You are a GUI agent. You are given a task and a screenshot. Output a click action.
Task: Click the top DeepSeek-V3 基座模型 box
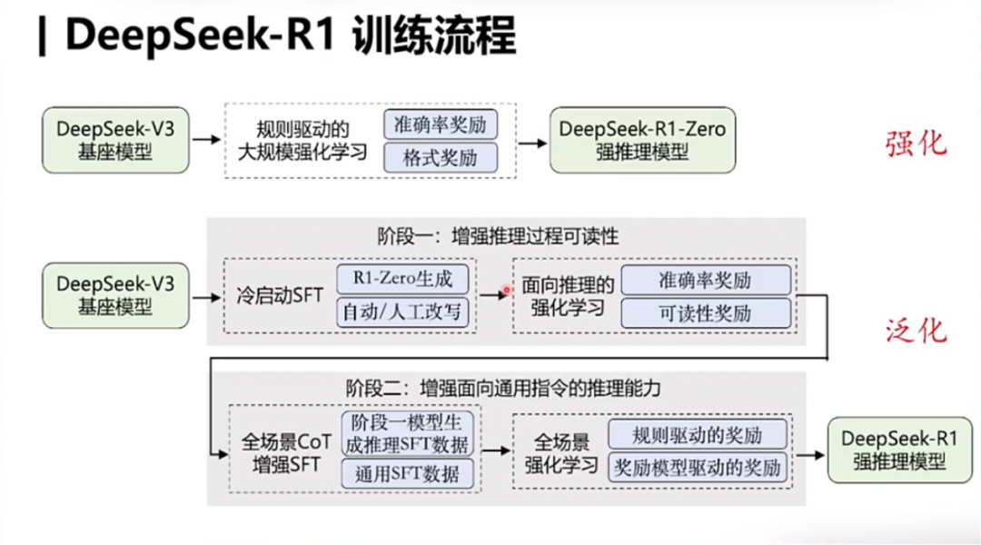[114, 140]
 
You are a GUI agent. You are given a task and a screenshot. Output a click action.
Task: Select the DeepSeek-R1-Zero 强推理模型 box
[642, 140]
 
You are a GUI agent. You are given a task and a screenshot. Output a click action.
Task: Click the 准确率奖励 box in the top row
[441, 124]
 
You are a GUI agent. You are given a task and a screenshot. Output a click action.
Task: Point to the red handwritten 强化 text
[916, 144]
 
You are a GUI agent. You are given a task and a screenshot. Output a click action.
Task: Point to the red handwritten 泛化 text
[916, 332]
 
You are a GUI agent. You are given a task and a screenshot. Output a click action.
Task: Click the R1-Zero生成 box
[405, 278]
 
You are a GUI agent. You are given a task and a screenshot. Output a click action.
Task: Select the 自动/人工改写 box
[405, 312]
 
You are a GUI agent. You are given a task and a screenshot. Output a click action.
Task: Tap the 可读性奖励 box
[705, 312]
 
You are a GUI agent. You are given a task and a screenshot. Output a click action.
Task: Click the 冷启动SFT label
[281, 295]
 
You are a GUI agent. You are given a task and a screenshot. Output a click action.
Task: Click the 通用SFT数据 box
[407, 473]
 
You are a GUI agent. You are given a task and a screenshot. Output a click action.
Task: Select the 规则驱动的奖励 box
[698, 435]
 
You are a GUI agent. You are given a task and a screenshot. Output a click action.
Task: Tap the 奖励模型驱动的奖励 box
[698, 469]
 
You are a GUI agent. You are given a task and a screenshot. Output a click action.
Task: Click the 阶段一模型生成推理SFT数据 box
[407, 434]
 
